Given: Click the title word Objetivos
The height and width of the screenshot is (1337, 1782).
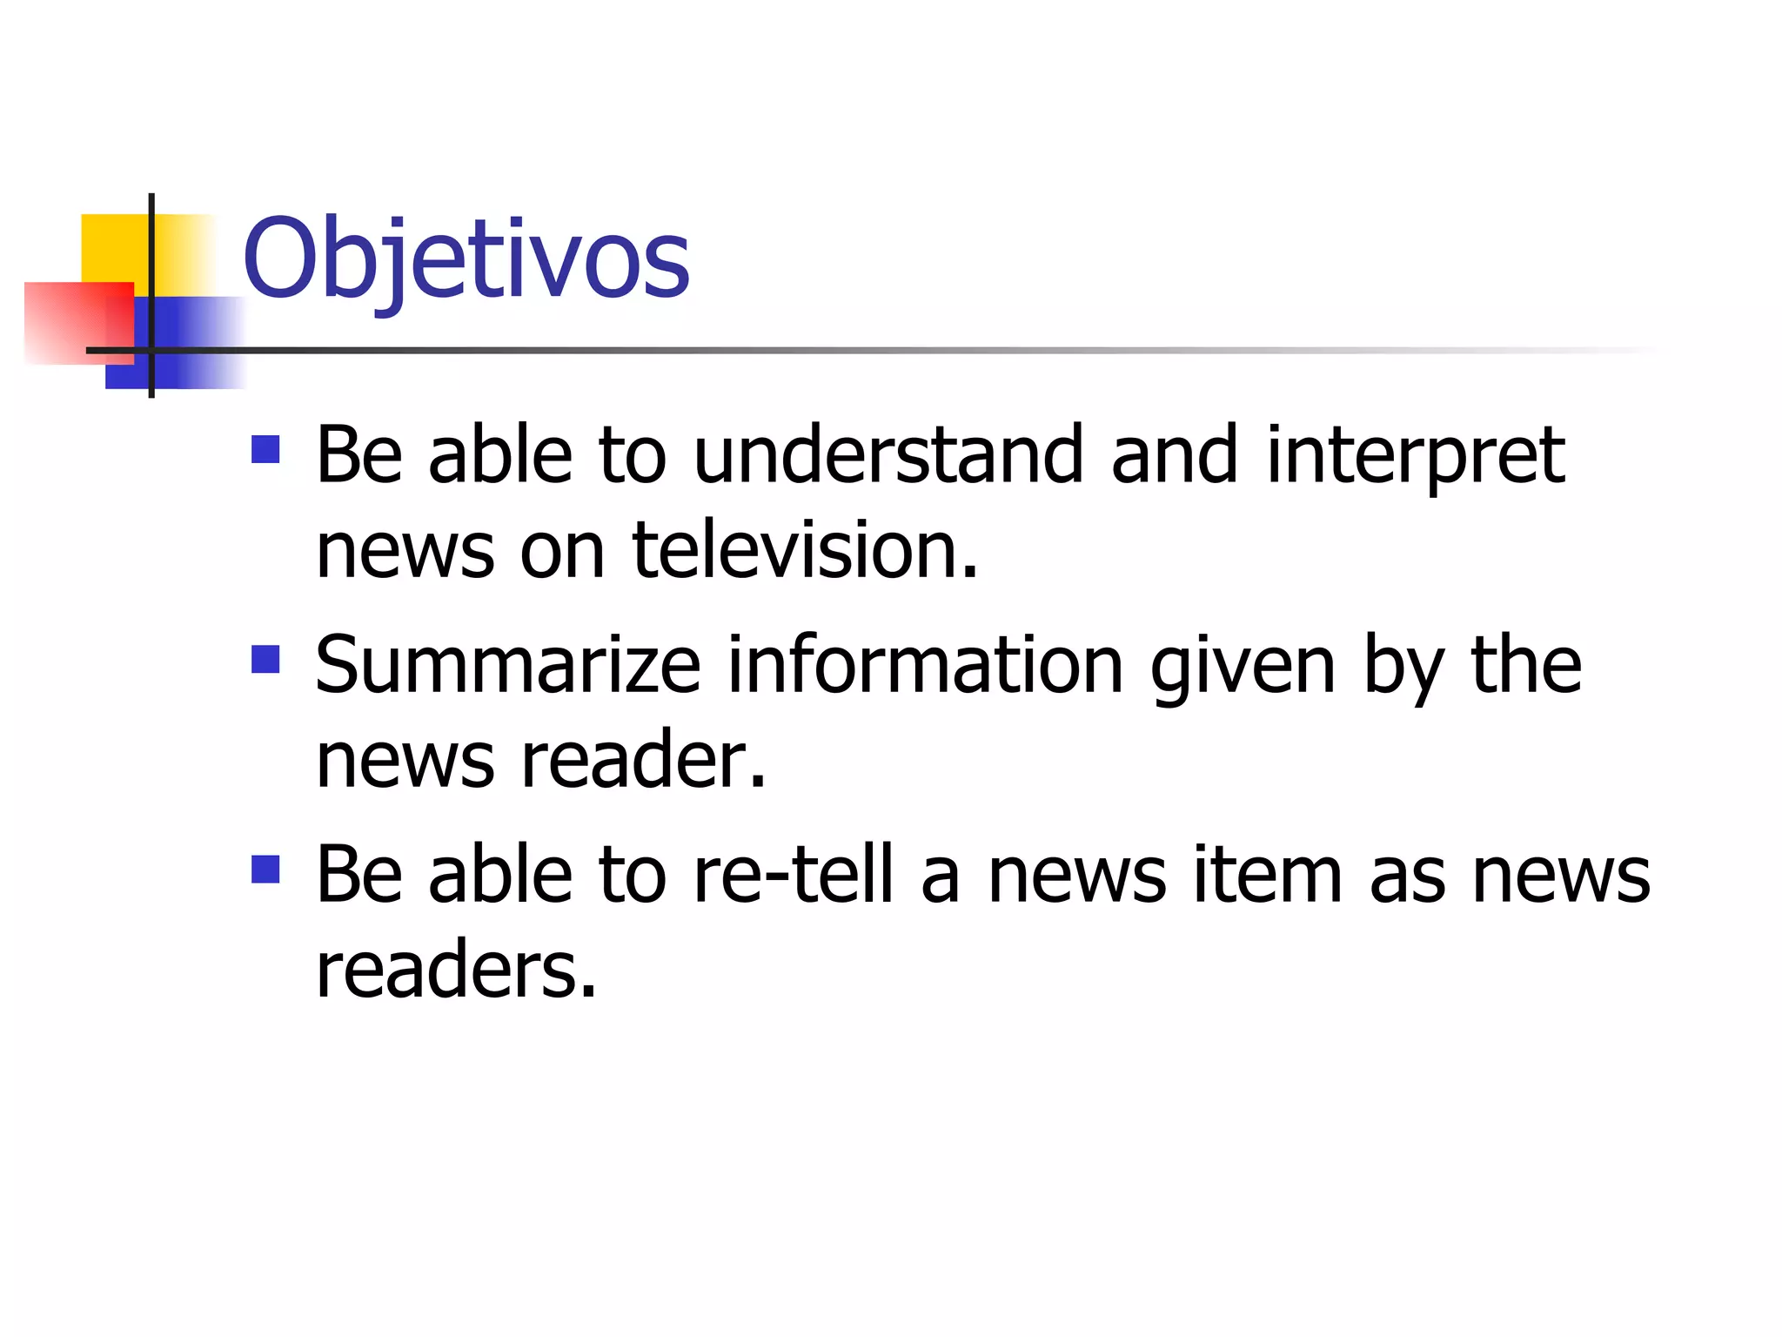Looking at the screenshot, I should coord(466,259).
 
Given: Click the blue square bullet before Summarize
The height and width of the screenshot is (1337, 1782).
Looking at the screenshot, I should coord(265,659).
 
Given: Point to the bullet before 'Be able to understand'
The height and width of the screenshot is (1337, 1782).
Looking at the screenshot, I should coord(265,449).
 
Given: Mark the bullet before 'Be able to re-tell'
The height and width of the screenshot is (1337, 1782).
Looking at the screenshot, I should coord(265,869).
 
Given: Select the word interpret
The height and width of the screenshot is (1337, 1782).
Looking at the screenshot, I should coord(1415,458).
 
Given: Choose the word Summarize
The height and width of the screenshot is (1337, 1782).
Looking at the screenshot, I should coord(508,665).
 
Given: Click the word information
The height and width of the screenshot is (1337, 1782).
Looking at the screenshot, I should coord(925,665).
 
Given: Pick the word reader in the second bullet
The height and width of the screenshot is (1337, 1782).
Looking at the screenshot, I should coord(643,760).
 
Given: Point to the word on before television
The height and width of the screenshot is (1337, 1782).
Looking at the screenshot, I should coord(562,551).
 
